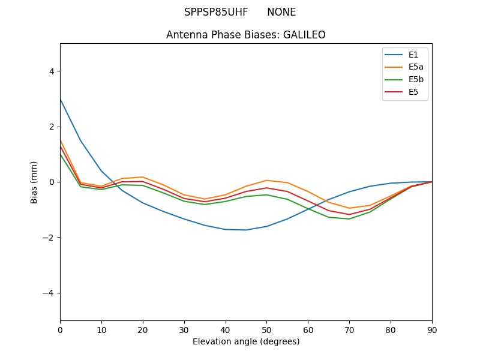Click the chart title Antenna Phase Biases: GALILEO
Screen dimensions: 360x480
pos(246,35)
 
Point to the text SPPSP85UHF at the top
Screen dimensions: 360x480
pos(216,12)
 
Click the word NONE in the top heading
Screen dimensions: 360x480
pos(281,12)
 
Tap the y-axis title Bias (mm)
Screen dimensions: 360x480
pos(34,182)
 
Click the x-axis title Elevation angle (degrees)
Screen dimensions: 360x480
pos(246,341)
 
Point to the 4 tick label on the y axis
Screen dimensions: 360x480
pos(51,71)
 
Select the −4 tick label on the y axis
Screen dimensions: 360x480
pos(49,293)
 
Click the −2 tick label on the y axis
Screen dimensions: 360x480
pos(49,238)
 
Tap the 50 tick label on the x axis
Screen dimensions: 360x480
pos(266,329)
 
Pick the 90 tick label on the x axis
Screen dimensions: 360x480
pos(432,329)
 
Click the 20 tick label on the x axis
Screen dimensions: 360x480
pos(143,329)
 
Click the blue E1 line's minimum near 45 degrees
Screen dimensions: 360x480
pos(246,230)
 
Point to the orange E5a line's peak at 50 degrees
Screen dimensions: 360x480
pos(266,180)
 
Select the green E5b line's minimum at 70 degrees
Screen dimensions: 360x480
pos(349,219)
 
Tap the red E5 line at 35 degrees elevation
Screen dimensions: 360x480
pos(205,202)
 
